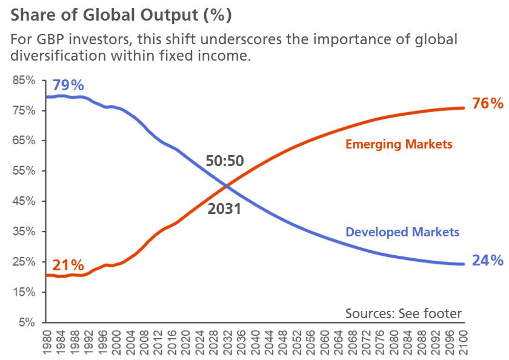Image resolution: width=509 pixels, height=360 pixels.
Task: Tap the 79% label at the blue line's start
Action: [x=68, y=85]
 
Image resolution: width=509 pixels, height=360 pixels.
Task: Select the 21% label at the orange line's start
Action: [x=68, y=265]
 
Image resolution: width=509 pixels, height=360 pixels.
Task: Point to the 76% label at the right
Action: [x=488, y=104]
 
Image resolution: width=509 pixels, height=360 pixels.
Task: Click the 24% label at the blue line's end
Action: [x=488, y=261]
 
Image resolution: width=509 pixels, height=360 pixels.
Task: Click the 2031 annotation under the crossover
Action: [x=224, y=209]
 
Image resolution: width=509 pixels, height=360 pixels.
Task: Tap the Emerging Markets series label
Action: [x=399, y=144]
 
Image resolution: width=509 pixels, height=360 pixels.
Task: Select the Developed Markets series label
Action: [x=402, y=232]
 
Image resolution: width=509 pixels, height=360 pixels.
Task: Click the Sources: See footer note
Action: [x=404, y=313]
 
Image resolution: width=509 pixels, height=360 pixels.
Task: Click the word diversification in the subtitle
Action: [x=54, y=56]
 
